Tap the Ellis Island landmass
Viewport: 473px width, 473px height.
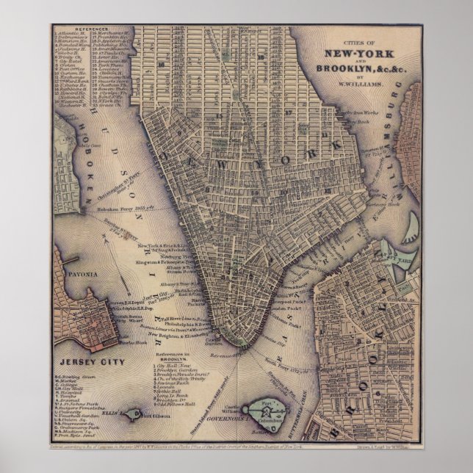133,414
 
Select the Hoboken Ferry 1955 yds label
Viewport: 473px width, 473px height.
123,208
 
